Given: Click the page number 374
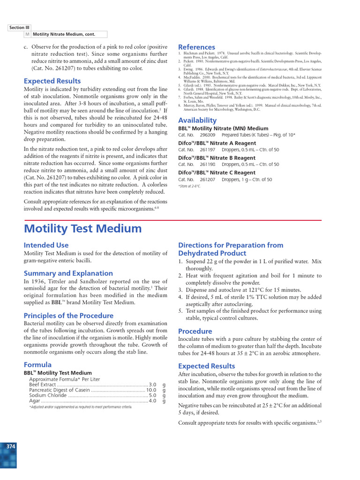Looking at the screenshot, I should (x=11, y=447).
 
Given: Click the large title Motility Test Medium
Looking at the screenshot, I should (x=82, y=229).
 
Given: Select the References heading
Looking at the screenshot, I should (x=197, y=47).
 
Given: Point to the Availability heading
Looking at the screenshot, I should (x=197, y=120).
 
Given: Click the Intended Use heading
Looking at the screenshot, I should (x=46, y=245).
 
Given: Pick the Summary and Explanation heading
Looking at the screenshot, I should (x=68, y=273).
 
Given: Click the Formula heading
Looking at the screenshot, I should (x=37, y=365).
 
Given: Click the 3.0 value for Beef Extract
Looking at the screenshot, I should (x=153, y=384).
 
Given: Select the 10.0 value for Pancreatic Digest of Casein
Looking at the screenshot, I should (x=151, y=390).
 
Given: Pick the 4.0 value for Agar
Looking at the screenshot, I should (x=153, y=401).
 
